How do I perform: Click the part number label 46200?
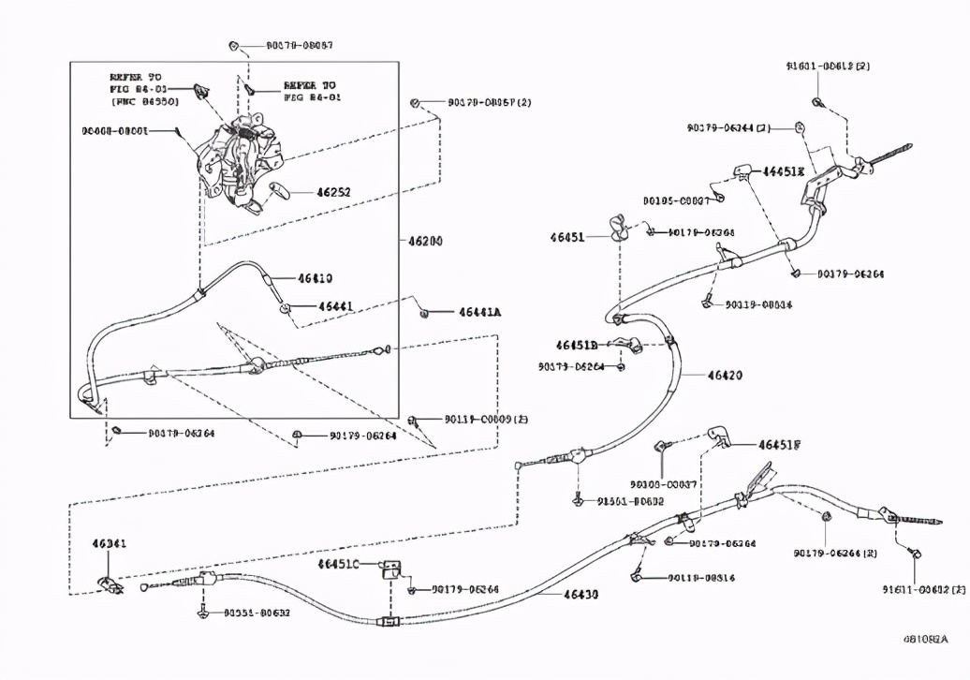pos(425,241)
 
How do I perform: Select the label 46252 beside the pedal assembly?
pos(333,193)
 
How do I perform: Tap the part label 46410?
pos(316,278)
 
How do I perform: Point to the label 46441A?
pos(479,313)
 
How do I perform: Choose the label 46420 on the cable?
pos(725,376)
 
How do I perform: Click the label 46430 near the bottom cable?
pos(581,594)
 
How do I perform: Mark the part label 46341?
pos(110,543)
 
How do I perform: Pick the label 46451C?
pos(338,564)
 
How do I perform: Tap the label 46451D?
pos(576,345)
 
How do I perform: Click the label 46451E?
pos(783,171)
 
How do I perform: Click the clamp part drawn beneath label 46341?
pos(110,584)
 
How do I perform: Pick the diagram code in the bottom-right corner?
pos(924,639)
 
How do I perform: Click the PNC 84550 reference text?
pos(144,100)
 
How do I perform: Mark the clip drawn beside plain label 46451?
pos(618,228)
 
